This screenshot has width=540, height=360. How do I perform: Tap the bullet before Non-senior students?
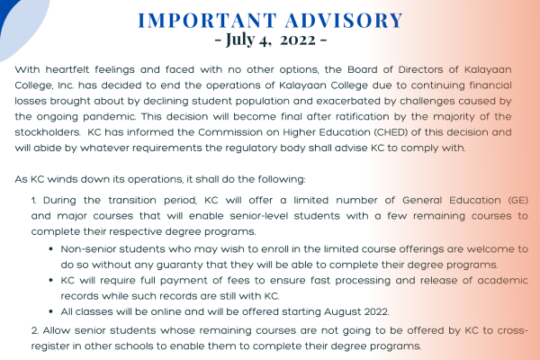[51, 249]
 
